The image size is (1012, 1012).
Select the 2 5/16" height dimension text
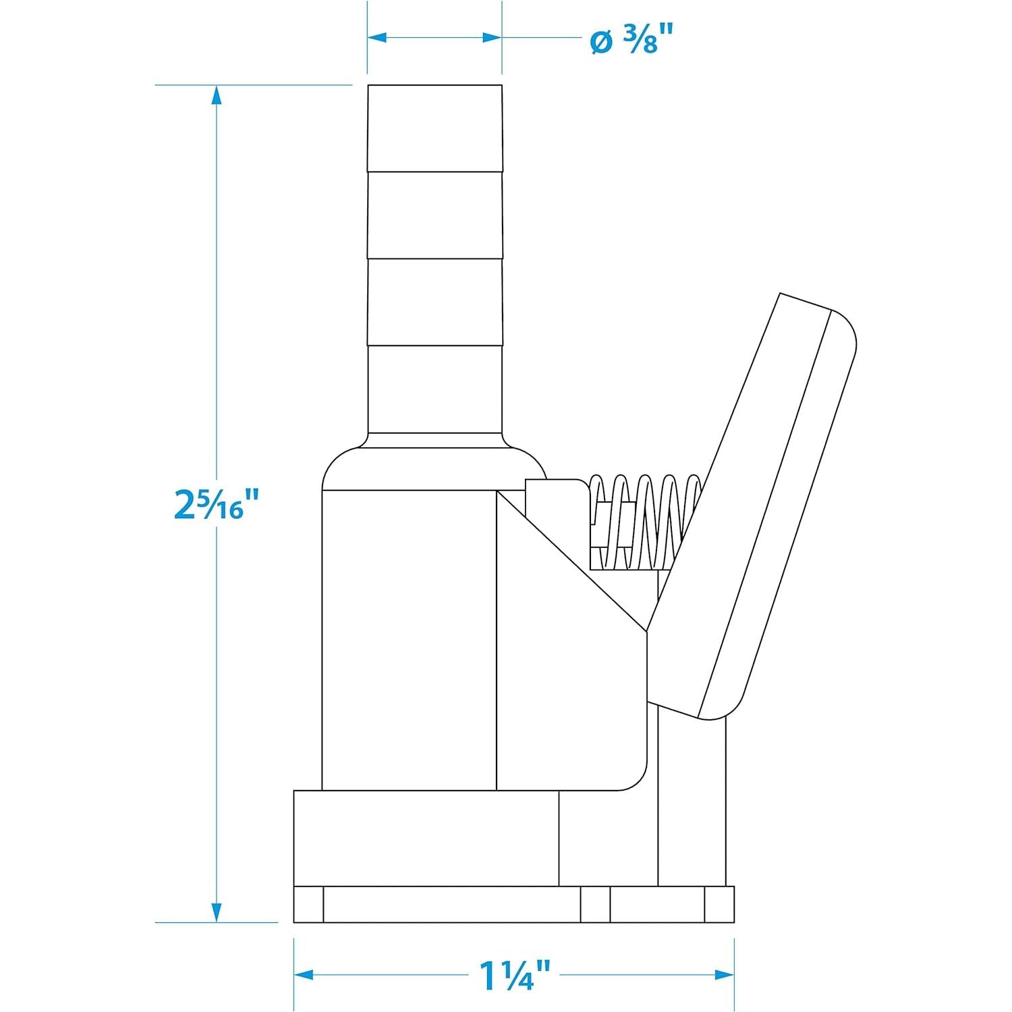(x=217, y=505)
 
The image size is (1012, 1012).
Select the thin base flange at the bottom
(x=513, y=905)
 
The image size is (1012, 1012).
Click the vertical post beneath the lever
(x=692, y=803)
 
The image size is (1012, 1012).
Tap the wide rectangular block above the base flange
(x=425, y=838)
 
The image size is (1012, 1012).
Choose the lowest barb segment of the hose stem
(x=434, y=388)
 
